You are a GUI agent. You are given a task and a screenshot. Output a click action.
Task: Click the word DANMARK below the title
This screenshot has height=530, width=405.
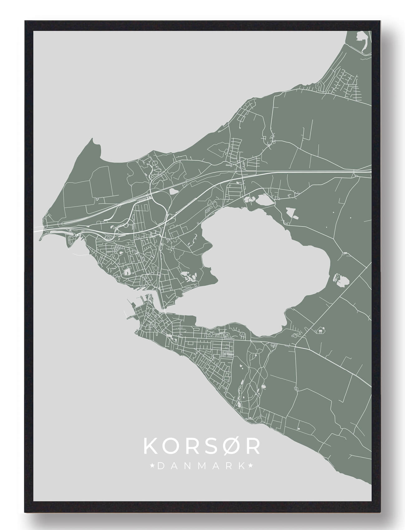[201, 466]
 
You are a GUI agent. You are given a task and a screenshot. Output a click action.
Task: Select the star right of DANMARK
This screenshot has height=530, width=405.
[250, 466]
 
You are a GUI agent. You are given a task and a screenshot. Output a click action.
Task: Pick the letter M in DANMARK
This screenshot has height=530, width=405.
[201, 466]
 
